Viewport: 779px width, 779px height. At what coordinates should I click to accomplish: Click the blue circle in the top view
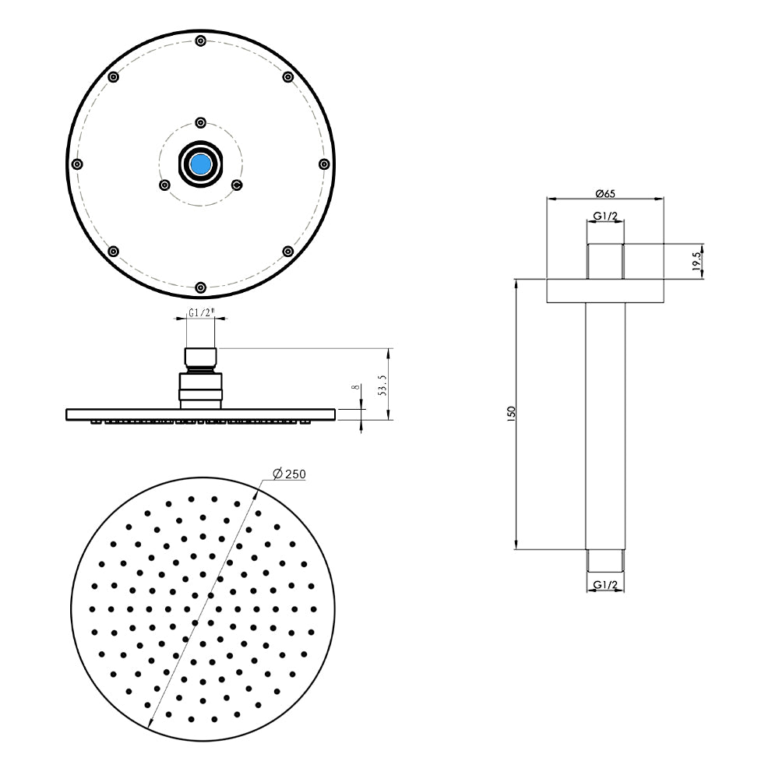201,164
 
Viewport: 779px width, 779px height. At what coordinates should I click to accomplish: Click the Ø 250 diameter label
288,474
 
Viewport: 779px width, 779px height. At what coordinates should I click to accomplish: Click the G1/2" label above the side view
202,313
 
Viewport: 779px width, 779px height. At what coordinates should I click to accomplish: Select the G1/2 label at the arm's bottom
605,584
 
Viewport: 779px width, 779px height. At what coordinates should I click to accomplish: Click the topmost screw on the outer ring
201,41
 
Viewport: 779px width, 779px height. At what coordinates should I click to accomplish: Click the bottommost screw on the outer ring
201,287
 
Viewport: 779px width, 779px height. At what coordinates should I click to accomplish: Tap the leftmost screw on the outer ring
76,164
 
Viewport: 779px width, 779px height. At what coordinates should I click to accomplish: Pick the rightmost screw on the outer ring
324,164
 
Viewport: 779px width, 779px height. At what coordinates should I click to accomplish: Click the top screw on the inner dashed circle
201,122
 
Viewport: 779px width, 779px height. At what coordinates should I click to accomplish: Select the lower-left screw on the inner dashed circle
164,185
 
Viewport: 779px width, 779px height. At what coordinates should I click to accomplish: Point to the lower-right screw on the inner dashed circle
238,185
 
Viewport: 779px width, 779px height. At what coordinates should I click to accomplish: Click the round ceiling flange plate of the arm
605,291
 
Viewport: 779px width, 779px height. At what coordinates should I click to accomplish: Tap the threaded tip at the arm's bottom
605,560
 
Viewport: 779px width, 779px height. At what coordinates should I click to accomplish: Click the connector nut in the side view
202,386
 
